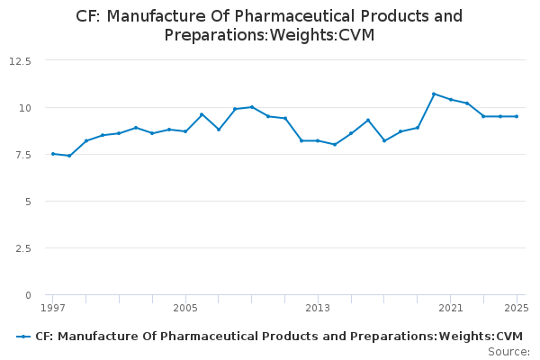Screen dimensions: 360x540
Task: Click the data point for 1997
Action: click(x=53, y=154)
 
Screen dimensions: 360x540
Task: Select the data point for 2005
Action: click(x=185, y=131)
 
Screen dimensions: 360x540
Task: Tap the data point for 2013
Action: click(x=318, y=140)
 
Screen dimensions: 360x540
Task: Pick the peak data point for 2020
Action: click(x=434, y=94)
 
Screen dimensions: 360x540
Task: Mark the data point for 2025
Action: click(x=517, y=116)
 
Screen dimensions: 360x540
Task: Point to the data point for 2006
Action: click(x=202, y=114)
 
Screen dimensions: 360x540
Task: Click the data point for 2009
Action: click(x=252, y=107)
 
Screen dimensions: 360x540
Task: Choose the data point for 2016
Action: click(x=367, y=120)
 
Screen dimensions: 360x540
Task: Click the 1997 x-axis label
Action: click(x=53, y=309)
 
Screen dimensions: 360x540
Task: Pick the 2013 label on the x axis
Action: click(x=318, y=309)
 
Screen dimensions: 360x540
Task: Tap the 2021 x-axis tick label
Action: click(x=450, y=309)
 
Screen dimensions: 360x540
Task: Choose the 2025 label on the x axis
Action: click(x=517, y=309)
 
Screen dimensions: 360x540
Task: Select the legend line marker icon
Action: click(x=23, y=337)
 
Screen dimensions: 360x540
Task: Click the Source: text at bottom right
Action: click(x=508, y=351)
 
